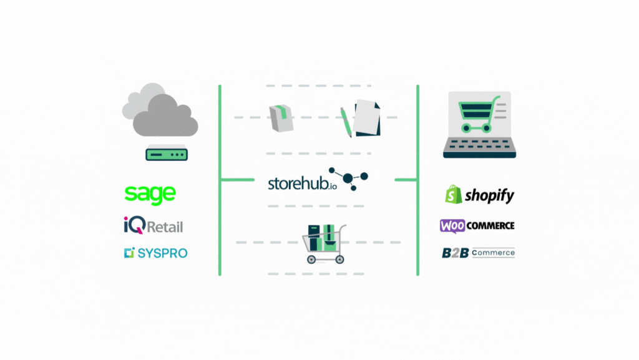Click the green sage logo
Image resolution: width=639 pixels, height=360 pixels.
(150, 195)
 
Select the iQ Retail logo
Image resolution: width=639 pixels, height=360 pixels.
(154, 225)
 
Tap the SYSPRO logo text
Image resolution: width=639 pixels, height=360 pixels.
(162, 253)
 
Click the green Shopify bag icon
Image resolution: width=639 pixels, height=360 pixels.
(454, 194)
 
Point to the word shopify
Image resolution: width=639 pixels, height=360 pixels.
(489, 195)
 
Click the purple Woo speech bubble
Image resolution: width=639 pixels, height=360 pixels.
(452, 226)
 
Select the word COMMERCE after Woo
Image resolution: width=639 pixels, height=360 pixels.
(490, 226)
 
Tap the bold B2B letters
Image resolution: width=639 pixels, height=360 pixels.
(455, 253)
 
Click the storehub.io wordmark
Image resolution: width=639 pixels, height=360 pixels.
(303, 183)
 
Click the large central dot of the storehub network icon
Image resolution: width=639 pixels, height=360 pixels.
(348, 178)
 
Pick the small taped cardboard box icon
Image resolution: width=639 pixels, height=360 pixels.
(281, 118)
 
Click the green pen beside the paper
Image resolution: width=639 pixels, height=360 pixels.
(346, 122)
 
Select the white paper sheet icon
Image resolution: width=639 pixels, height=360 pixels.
(366, 117)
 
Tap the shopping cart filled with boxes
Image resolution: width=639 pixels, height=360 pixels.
(324, 243)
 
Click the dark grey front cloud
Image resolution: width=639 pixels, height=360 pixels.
(165, 115)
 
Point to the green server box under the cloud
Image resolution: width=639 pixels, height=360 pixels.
(167, 153)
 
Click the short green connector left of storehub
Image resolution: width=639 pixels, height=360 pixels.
(237, 180)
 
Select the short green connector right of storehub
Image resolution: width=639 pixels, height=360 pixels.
(406, 180)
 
